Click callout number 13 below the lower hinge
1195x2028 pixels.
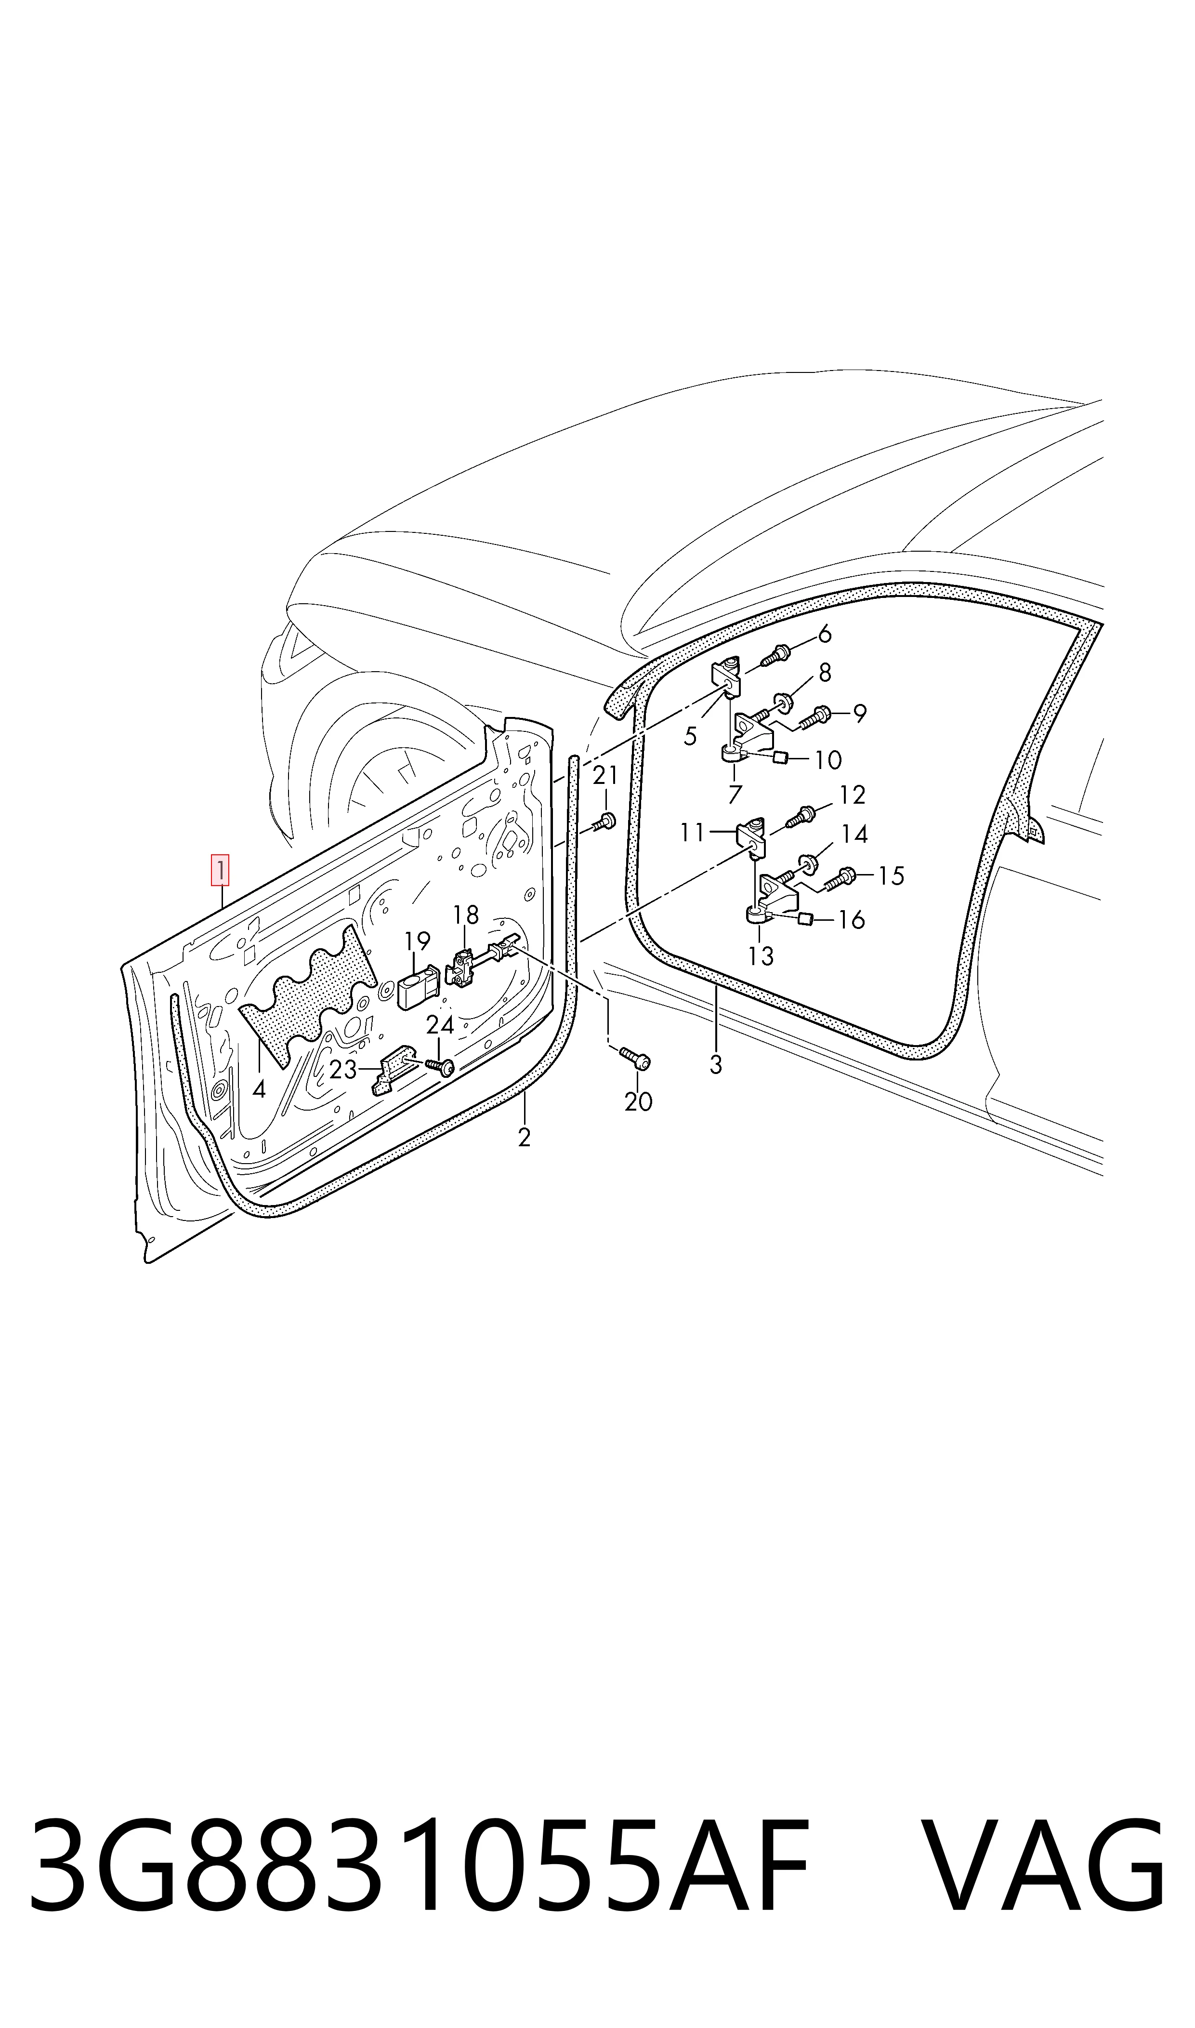[760, 956]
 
